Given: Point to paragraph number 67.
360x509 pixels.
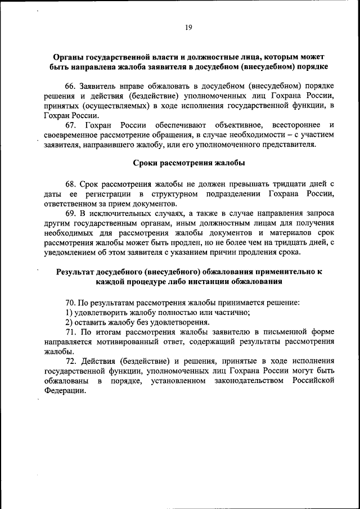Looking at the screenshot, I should (71, 124).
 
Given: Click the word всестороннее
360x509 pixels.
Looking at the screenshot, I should (295, 124).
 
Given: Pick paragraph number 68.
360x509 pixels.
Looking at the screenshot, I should (71, 184).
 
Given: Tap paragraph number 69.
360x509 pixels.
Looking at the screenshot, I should (71, 214).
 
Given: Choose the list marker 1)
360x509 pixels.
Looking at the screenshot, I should (70, 312).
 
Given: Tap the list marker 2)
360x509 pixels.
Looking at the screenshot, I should (70, 322).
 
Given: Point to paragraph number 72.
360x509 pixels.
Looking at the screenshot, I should (71, 361).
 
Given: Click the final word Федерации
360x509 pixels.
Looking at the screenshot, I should (64, 391).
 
